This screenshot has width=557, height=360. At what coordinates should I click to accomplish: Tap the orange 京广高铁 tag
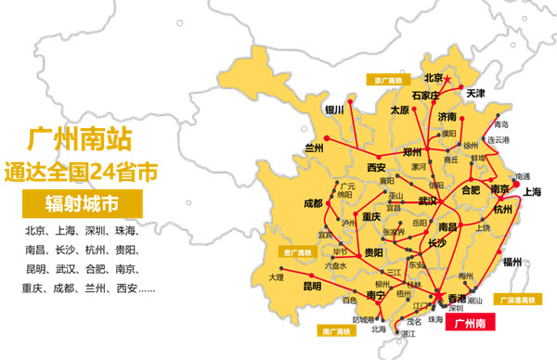coord(387,80)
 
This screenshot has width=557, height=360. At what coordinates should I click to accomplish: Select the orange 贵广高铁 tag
coord(300,251)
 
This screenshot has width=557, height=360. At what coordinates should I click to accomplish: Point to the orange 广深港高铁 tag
coord(519,300)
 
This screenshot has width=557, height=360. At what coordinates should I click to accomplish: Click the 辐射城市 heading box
coord(82,203)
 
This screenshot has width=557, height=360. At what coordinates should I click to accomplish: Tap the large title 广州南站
coord(82,139)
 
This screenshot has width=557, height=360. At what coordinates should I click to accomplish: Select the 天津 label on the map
coord(476,95)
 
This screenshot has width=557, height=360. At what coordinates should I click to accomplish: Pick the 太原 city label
coord(400,109)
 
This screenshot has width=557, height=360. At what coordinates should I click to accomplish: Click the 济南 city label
coord(447,118)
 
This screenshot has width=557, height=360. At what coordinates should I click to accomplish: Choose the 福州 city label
coord(512,263)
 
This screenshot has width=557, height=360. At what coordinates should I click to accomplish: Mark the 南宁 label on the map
coord(376,295)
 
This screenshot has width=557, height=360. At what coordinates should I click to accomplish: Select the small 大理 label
coord(276,276)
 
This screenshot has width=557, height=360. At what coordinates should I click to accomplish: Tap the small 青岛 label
coord(502,124)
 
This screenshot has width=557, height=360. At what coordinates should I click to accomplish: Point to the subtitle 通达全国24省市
coord(82,172)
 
